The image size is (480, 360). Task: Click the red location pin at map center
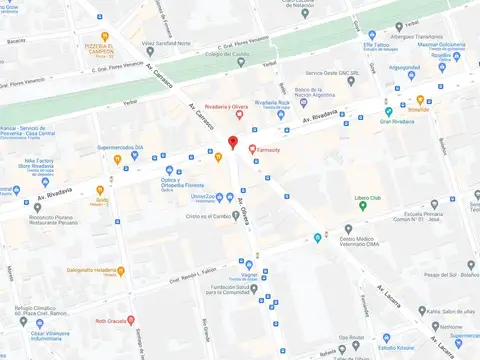point(233,143)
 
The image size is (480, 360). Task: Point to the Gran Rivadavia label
point(397,120)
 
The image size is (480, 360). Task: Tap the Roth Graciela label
point(113,321)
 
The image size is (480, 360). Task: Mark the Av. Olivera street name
point(246,214)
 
